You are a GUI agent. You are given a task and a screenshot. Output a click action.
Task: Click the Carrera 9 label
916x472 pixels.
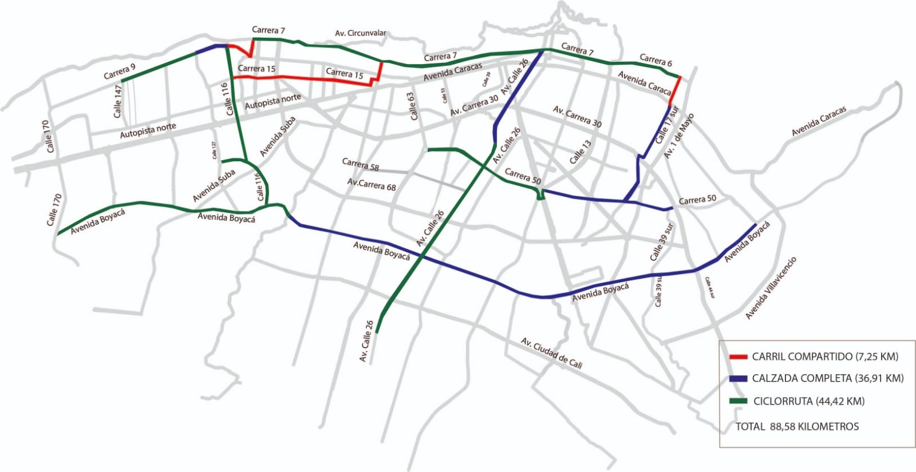tap(120, 72)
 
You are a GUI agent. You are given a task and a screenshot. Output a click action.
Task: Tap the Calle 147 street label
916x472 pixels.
tap(118, 101)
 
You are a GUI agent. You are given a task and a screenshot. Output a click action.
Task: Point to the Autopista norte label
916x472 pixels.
tap(148, 130)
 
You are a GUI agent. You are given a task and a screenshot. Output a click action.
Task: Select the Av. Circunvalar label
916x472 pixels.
tap(360, 33)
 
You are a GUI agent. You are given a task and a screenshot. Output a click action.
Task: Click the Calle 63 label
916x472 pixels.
tap(412, 106)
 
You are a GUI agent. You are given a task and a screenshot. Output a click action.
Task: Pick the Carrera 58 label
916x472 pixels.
tap(360, 164)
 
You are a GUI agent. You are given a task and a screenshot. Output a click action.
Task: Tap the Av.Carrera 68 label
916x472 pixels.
tap(372, 184)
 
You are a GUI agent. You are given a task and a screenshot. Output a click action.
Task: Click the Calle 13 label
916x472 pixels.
tap(580, 152)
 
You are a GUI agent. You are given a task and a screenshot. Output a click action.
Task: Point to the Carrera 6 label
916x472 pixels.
tap(656, 60)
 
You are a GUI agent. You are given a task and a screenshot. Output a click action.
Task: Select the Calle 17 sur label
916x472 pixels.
tap(666, 125)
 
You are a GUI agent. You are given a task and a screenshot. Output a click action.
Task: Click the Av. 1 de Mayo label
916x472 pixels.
tap(679, 136)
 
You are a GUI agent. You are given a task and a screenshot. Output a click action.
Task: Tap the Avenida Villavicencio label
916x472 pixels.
tap(771, 288)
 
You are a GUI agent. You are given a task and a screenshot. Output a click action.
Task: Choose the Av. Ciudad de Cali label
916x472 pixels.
tap(551, 353)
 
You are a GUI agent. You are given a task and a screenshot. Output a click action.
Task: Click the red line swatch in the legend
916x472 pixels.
tap(738, 357)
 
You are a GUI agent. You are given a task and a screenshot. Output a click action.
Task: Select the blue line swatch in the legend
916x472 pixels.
tap(738, 379)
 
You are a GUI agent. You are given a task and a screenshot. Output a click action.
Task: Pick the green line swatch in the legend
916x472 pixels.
tap(738, 401)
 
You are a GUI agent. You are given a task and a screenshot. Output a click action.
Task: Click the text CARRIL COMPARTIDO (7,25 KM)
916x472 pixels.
tap(825, 356)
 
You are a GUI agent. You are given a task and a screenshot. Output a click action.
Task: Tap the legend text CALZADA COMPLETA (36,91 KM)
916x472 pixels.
tap(827, 378)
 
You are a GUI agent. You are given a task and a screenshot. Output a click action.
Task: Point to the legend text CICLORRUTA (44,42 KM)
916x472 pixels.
tap(808, 401)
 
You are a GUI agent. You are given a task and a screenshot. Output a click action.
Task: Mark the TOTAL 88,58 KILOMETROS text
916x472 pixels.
tap(797, 426)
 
